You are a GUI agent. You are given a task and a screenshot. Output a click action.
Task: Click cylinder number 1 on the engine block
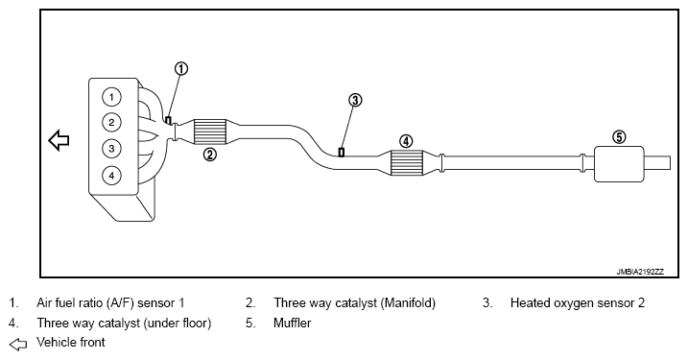click(x=111, y=97)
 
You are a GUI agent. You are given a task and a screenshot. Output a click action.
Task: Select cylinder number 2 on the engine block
click(x=111, y=123)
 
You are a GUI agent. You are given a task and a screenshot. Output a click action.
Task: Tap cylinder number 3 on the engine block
click(x=111, y=149)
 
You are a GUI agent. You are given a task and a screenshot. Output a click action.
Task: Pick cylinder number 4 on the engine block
click(x=111, y=176)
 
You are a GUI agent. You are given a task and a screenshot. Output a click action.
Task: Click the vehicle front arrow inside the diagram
click(x=59, y=140)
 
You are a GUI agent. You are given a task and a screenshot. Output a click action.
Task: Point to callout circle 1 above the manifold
click(x=181, y=69)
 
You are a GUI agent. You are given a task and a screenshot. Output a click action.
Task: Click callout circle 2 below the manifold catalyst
click(x=210, y=155)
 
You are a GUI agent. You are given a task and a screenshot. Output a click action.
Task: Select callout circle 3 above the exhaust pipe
click(x=355, y=100)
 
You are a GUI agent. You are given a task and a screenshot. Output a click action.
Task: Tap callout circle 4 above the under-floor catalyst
click(x=406, y=141)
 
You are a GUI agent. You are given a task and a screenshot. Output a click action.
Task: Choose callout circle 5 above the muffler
click(x=619, y=137)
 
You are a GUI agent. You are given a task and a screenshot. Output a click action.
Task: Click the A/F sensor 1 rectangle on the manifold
click(x=168, y=120)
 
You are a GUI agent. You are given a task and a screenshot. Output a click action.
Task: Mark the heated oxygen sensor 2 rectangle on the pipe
click(x=342, y=153)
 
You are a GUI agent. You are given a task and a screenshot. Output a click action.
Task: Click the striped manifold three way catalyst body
click(x=210, y=132)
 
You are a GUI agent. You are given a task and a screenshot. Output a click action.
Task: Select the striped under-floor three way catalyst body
click(x=406, y=163)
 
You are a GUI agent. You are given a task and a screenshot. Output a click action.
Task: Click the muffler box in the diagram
click(x=619, y=164)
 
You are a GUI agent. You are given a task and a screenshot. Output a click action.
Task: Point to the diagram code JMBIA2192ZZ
click(x=640, y=272)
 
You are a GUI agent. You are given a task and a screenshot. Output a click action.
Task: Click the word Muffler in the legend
click(x=293, y=324)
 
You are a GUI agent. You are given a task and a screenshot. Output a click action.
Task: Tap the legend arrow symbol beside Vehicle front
click(x=18, y=345)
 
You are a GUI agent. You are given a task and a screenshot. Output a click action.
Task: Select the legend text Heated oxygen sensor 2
click(x=578, y=303)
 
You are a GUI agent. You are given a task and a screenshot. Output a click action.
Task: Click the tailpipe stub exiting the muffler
click(x=657, y=163)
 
